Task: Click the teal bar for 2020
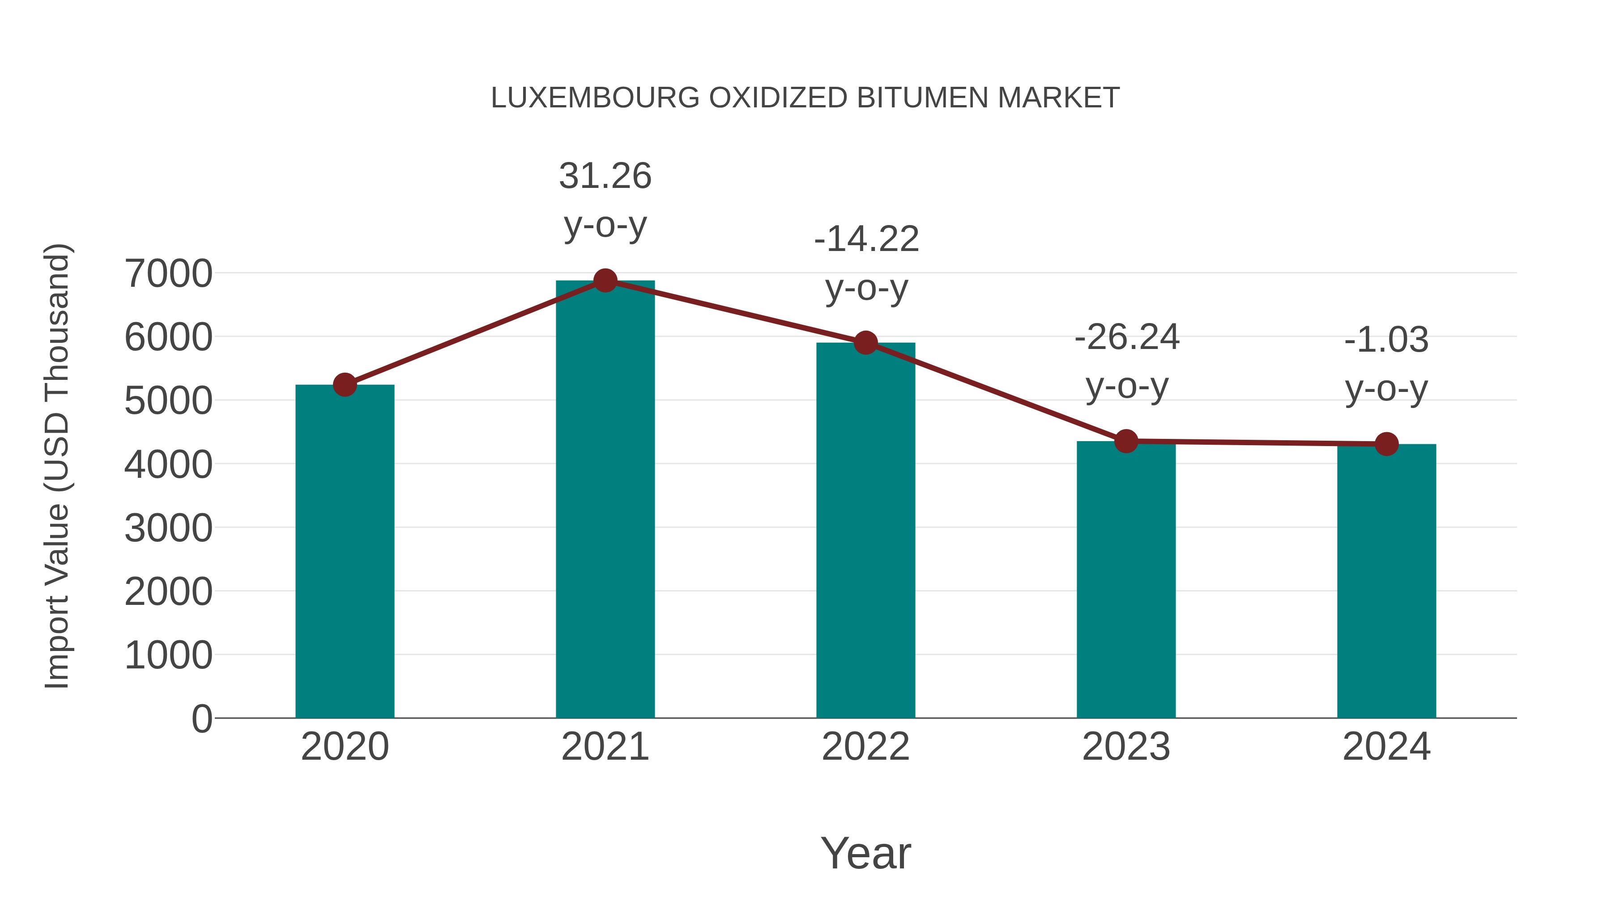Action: tap(345, 550)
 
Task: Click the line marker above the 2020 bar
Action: tap(345, 384)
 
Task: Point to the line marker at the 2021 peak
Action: tap(605, 281)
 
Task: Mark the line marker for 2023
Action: tap(1126, 442)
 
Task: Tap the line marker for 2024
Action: tap(1386, 444)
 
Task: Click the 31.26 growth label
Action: tap(605, 176)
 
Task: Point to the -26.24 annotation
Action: tap(1126, 338)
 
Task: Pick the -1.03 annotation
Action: tap(1386, 340)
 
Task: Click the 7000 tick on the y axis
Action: tap(168, 274)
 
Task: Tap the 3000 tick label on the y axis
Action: tap(168, 528)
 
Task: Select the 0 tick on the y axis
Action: tap(201, 719)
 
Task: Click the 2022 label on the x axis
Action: tap(865, 747)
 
